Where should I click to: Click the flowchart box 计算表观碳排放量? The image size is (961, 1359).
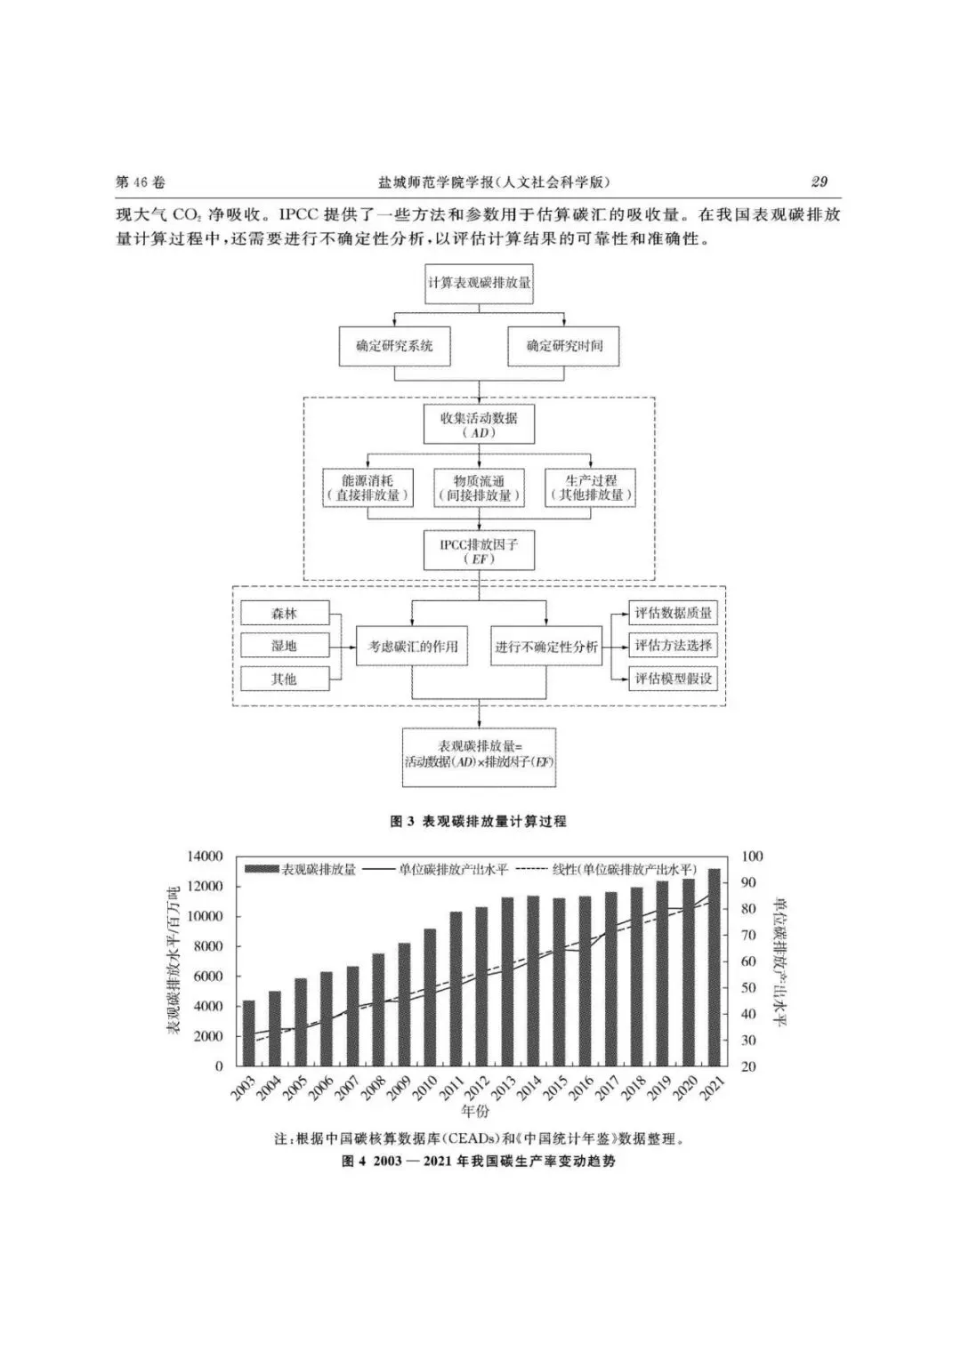[x=479, y=283]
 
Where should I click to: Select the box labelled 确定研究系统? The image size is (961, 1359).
[x=394, y=346]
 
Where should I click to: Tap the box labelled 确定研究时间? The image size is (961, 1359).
[x=564, y=346]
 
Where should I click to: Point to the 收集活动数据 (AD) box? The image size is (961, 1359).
[x=479, y=424]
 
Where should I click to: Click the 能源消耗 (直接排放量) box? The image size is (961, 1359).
[x=367, y=487]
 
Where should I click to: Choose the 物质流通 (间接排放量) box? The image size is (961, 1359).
[x=479, y=487]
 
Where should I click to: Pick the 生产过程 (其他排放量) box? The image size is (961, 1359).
[x=591, y=487]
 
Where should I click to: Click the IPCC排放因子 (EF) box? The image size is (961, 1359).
[x=479, y=551]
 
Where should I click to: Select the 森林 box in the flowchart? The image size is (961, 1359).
[x=285, y=614]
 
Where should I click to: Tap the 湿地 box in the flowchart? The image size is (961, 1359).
[x=285, y=647]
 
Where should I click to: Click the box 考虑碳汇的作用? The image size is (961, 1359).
[x=412, y=647]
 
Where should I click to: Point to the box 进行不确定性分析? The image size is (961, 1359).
[x=545, y=647]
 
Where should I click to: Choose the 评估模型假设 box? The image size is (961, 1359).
[x=673, y=679]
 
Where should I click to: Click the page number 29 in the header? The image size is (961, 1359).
[x=820, y=181]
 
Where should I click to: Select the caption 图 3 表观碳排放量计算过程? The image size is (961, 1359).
[x=479, y=821]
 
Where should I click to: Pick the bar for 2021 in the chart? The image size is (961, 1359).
[x=715, y=967]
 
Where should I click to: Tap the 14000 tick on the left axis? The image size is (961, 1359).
[x=206, y=856]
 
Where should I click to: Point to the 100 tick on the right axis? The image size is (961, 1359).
[x=752, y=856]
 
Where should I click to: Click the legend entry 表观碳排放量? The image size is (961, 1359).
[x=302, y=869]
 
